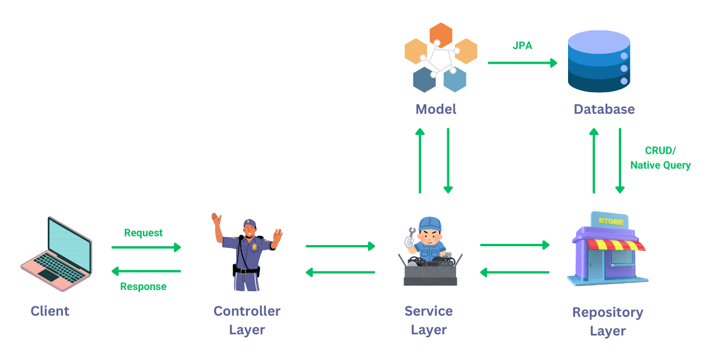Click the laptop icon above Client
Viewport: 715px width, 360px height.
[x=56, y=254]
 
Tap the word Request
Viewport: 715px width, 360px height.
[x=143, y=233]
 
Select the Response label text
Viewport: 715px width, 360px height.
[x=143, y=286]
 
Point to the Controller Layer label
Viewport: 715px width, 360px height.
[x=247, y=320]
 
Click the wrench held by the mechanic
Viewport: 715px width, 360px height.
[x=412, y=235]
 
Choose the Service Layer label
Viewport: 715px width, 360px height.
[x=429, y=320]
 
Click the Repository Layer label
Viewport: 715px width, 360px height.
[x=608, y=321]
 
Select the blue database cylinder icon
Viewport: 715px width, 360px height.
[x=599, y=61]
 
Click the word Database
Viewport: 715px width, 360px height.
[x=604, y=109]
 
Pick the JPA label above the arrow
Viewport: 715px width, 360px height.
[x=522, y=46]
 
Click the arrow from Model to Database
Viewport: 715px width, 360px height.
[x=522, y=62]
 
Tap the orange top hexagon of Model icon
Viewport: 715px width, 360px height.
[x=441, y=35]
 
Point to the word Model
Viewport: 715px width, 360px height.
[x=436, y=109]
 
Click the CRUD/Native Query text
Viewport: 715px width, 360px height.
[x=660, y=158]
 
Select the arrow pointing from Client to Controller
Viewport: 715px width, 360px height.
[x=146, y=247]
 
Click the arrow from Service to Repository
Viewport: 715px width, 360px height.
[x=514, y=244]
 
